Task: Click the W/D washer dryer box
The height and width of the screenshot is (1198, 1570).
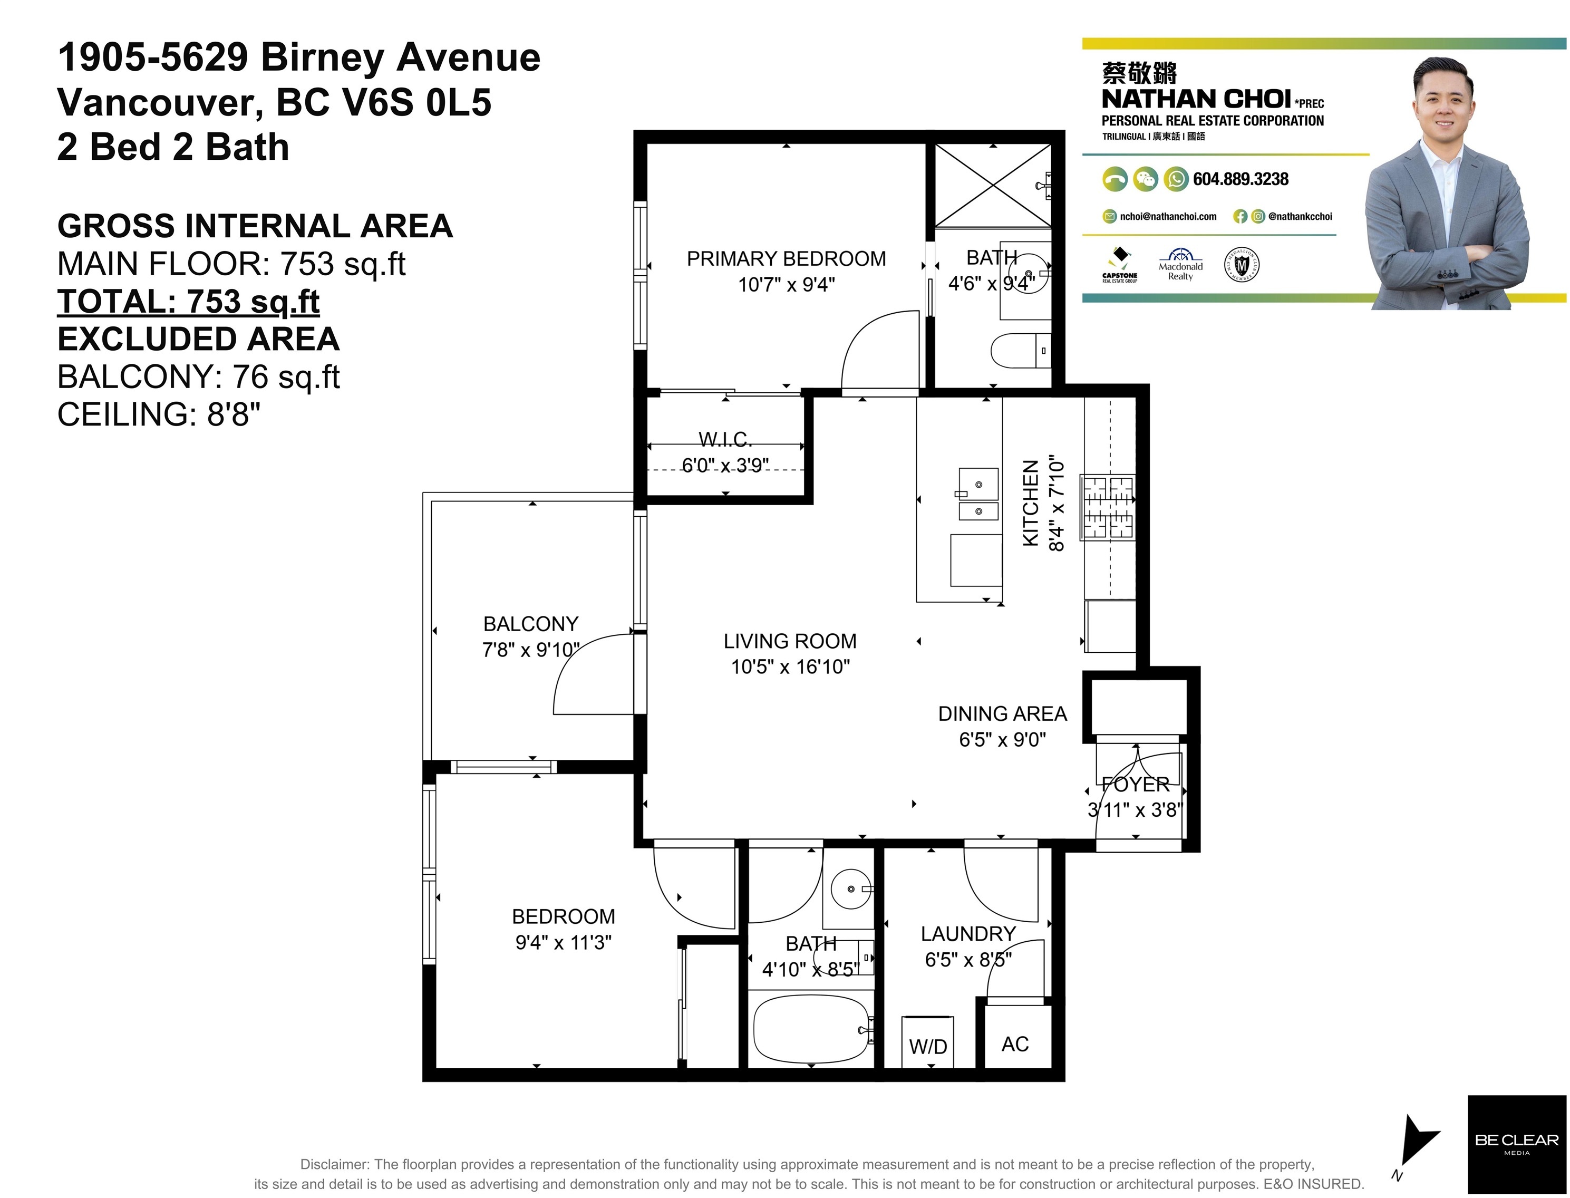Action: (x=927, y=1042)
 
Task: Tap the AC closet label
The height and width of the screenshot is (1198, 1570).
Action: (x=1014, y=1044)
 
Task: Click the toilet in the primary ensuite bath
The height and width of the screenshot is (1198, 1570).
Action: (x=1021, y=350)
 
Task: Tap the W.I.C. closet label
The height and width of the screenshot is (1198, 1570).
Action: (x=725, y=439)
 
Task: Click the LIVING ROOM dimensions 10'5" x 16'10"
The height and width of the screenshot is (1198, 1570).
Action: (x=790, y=666)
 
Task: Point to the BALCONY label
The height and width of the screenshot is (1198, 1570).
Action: (x=530, y=624)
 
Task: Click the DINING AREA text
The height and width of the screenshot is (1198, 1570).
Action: (x=1002, y=714)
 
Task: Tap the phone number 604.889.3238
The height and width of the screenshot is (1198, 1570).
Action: (x=1241, y=179)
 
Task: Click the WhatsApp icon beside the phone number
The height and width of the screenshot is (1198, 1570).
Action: (x=1176, y=179)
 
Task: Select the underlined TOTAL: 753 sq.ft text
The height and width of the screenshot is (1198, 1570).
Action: (x=188, y=302)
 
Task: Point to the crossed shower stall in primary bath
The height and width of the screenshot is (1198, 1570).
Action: (x=993, y=187)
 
